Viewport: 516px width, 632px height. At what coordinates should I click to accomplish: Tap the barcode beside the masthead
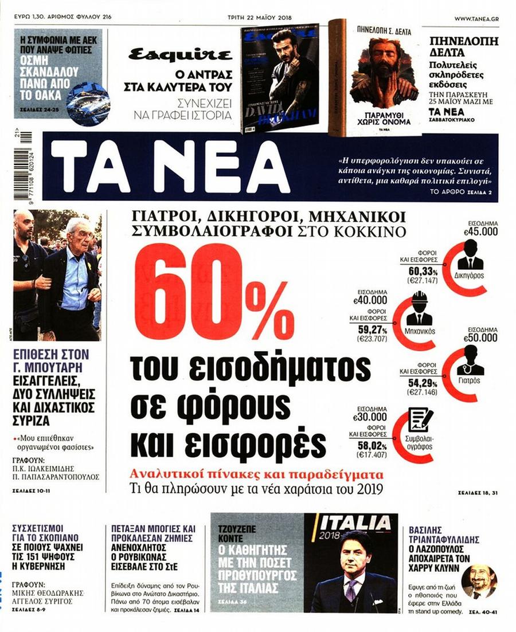(x=25, y=169)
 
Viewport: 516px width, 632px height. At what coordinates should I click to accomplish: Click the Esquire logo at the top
(x=180, y=56)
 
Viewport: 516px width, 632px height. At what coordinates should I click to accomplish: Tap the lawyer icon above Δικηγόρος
(x=470, y=256)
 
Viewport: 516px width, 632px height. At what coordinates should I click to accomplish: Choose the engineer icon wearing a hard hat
(x=419, y=309)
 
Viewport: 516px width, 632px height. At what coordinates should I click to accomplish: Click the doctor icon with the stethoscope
(x=470, y=362)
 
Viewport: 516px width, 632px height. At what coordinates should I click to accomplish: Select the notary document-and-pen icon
(x=420, y=421)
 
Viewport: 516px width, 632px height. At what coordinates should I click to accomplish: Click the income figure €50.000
(x=483, y=339)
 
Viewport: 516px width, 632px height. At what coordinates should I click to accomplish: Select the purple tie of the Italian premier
(x=351, y=590)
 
